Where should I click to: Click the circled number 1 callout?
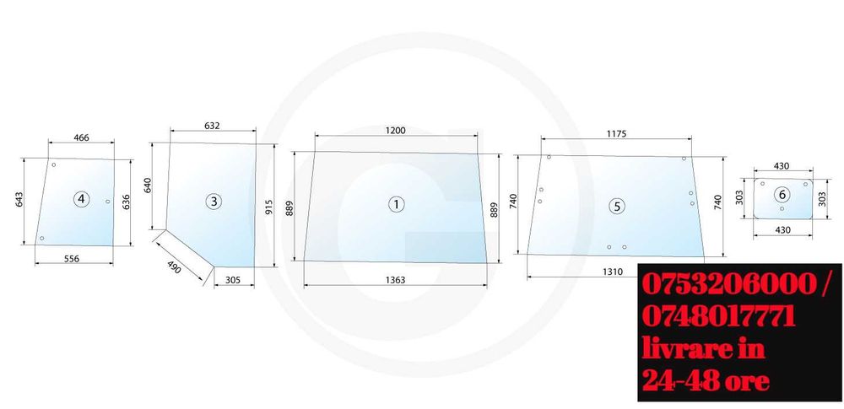pos(397,204)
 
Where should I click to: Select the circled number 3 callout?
pos(214,202)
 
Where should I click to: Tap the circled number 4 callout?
pos(81,200)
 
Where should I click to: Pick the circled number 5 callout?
pos(617,206)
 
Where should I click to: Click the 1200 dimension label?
pos(396,130)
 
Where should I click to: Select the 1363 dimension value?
pos(396,280)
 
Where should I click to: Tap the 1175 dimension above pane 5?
pos(616,134)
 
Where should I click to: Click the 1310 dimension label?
pos(612,272)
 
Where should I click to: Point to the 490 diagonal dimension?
pos(175,267)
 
